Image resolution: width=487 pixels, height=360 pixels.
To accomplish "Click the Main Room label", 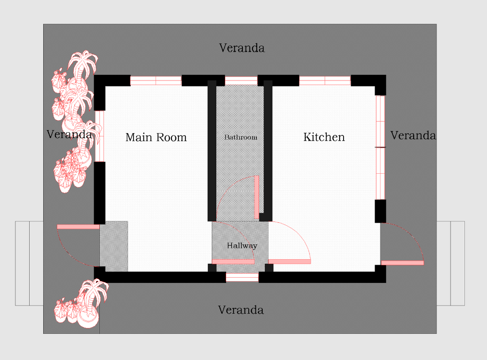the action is (156, 137).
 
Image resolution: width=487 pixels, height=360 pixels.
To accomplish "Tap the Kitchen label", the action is (324, 137).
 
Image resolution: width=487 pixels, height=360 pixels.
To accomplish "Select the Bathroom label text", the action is (241, 137).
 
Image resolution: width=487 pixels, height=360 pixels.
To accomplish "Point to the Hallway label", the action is (242, 246).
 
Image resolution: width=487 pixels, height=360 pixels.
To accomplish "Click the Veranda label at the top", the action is (241, 48).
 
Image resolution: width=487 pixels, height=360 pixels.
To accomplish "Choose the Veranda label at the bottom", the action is (241, 310).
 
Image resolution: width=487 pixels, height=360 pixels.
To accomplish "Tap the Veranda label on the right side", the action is (413, 135).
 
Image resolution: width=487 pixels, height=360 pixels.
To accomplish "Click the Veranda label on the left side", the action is (69, 134).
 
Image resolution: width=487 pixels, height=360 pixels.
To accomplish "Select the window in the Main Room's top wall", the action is (156, 81).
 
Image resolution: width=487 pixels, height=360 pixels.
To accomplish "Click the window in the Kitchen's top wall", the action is (325, 81).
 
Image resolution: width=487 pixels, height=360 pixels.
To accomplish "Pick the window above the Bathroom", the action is (241, 81).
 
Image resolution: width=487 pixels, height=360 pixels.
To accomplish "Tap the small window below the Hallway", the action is (242, 277).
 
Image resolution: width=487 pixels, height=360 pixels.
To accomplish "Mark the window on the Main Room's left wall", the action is (99, 136).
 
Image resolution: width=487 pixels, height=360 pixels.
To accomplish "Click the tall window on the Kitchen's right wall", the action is (380, 147).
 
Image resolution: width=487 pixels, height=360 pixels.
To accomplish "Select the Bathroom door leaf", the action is (257, 197).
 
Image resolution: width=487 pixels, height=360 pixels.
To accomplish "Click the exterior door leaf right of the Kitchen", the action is (402, 263).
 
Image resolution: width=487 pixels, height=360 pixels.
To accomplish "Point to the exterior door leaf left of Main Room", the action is (78, 227).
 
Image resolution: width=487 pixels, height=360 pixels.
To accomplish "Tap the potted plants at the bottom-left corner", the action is (81, 304).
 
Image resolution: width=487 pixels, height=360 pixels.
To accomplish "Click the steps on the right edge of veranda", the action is (451, 263).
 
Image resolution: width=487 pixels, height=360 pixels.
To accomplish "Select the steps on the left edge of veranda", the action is (29, 263).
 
